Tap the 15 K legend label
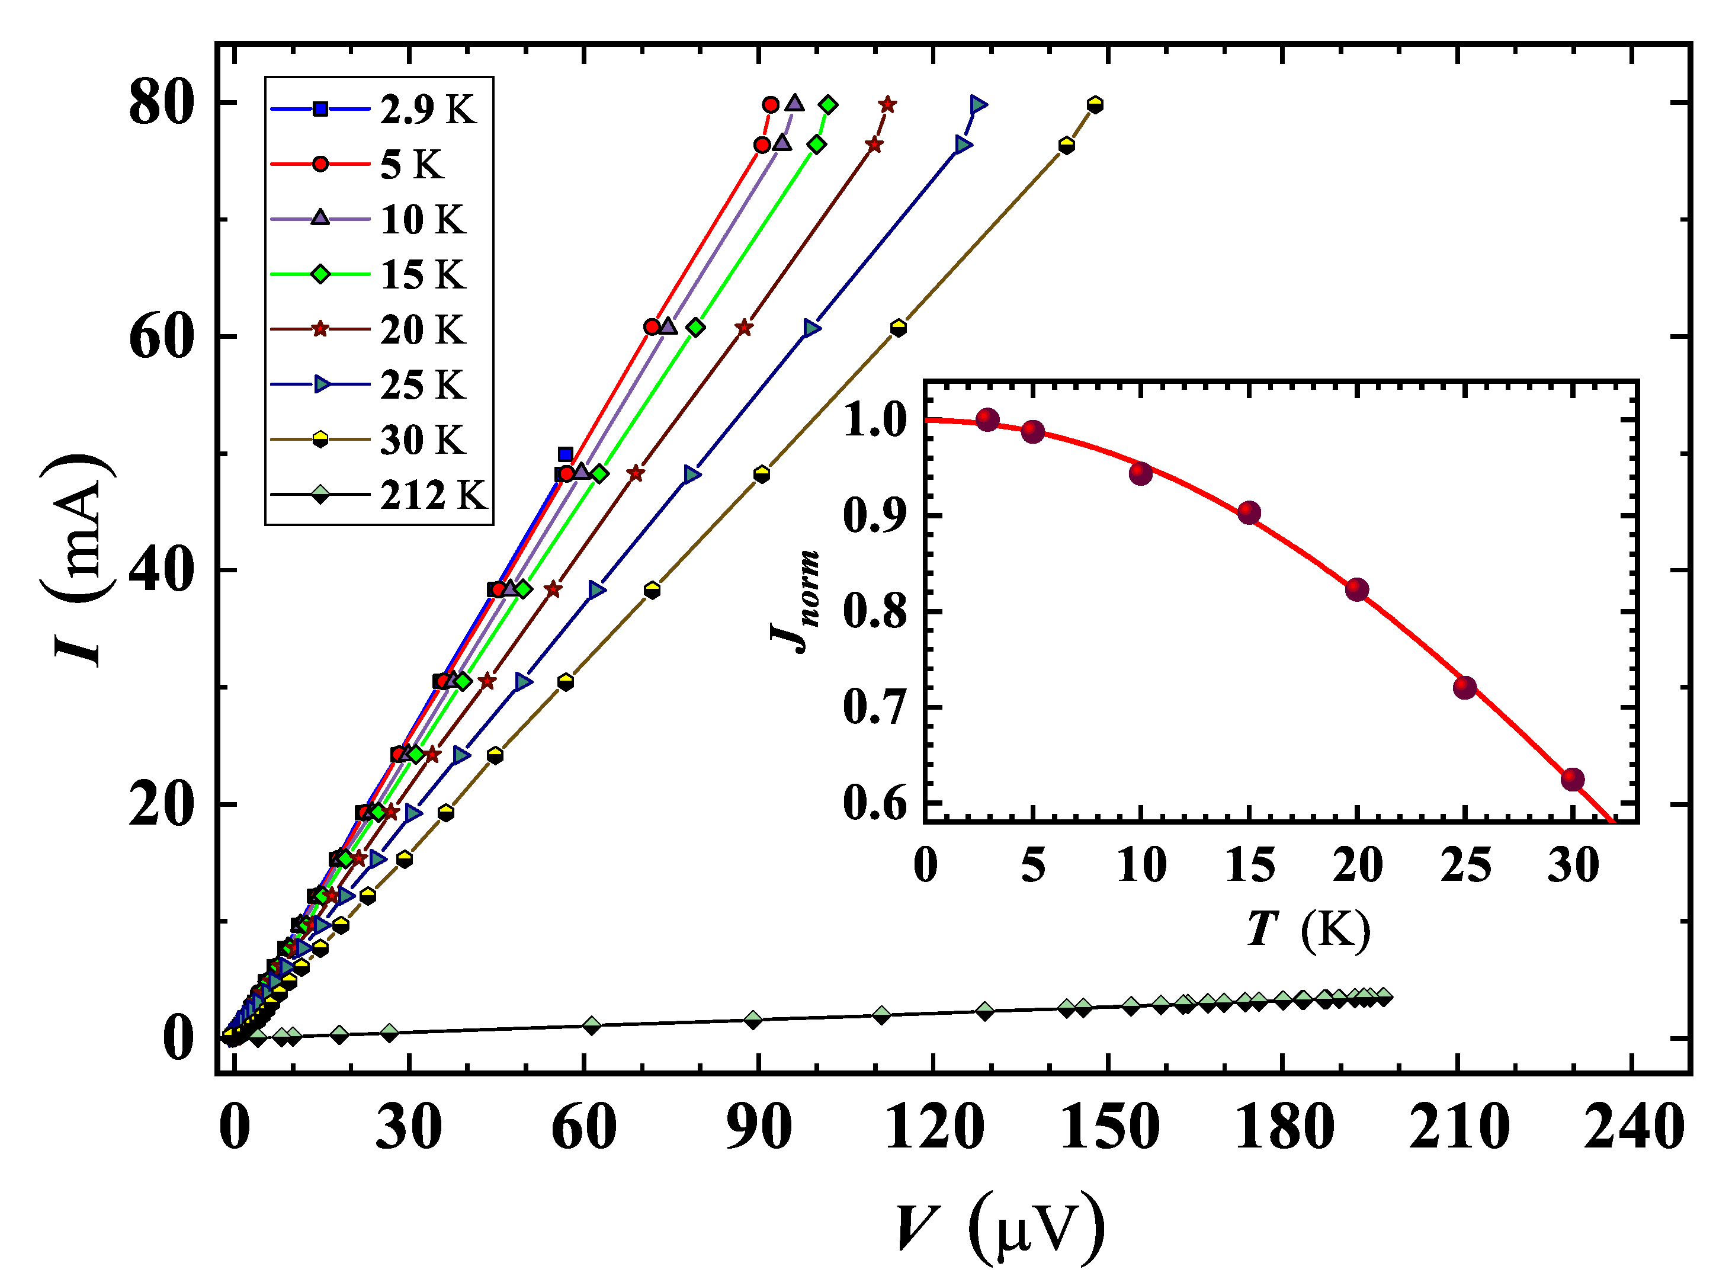click(x=422, y=275)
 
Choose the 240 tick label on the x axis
click(x=1633, y=1128)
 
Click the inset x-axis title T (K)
click(x=1308, y=928)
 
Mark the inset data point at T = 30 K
click(x=1573, y=780)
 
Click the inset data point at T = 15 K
click(x=1249, y=512)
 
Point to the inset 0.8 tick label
click(x=874, y=611)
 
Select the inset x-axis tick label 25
click(x=1465, y=866)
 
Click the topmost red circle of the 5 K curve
click(x=770, y=104)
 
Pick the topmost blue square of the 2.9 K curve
click(x=566, y=454)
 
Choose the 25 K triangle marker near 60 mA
click(x=811, y=328)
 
